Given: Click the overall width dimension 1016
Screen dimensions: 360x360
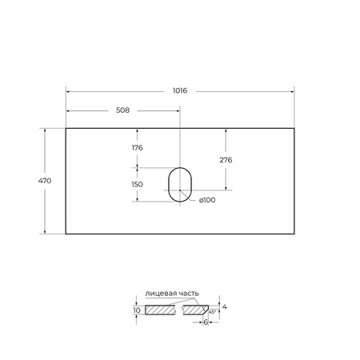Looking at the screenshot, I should pyautogui.click(x=180, y=91).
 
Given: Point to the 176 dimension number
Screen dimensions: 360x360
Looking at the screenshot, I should pyautogui.click(x=137, y=147).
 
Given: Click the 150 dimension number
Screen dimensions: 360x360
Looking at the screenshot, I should pyautogui.click(x=137, y=184).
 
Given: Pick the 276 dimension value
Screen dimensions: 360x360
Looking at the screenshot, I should pyautogui.click(x=226, y=159).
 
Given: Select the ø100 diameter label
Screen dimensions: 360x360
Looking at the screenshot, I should pyautogui.click(x=207, y=201).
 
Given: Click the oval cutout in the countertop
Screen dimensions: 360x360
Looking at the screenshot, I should pyautogui.click(x=180, y=185).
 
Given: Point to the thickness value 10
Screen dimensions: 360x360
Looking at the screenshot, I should pyautogui.click(x=137, y=310).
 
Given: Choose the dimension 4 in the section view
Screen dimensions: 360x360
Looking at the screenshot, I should pyautogui.click(x=226, y=306).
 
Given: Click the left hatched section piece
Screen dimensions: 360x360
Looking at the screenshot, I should pyautogui.click(x=160, y=310).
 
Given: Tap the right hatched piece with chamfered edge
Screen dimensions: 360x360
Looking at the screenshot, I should pyautogui.click(x=201, y=310).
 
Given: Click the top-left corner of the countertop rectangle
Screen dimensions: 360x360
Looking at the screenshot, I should pyautogui.click(x=66, y=126).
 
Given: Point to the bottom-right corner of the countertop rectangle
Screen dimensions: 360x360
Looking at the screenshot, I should pyautogui.click(x=294, y=234).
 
